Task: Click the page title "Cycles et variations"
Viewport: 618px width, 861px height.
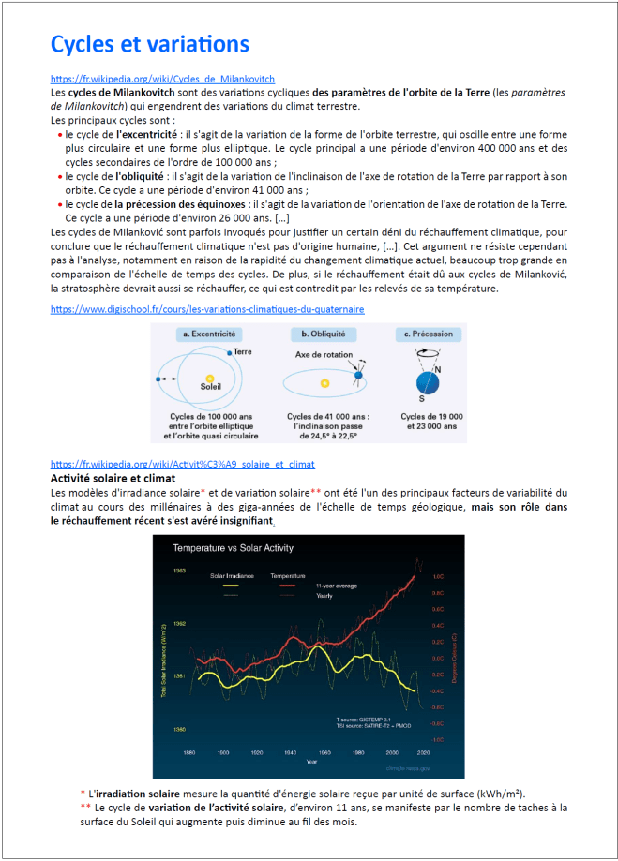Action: pyautogui.click(x=149, y=44)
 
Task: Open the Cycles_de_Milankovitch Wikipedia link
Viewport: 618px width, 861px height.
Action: pyautogui.click(x=162, y=80)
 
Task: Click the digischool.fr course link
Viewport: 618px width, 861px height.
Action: pyautogui.click(x=207, y=308)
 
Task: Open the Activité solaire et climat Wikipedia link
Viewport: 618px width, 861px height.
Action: pyautogui.click(x=182, y=464)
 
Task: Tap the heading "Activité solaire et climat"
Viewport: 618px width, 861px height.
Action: pyautogui.click(x=113, y=478)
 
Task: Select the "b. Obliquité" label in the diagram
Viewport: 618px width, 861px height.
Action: pyautogui.click(x=323, y=334)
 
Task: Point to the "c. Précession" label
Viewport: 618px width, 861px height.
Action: pyautogui.click(x=427, y=334)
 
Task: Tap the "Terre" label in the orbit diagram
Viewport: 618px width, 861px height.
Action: pyautogui.click(x=243, y=351)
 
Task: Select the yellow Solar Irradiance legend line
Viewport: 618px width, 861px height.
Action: pyautogui.click(x=223, y=585)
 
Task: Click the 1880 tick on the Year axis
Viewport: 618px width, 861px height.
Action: pyautogui.click(x=188, y=752)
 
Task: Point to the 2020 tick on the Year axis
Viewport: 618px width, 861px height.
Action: pyautogui.click(x=424, y=752)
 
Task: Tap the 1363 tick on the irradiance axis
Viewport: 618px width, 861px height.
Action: pyautogui.click(x=179, y=570)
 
